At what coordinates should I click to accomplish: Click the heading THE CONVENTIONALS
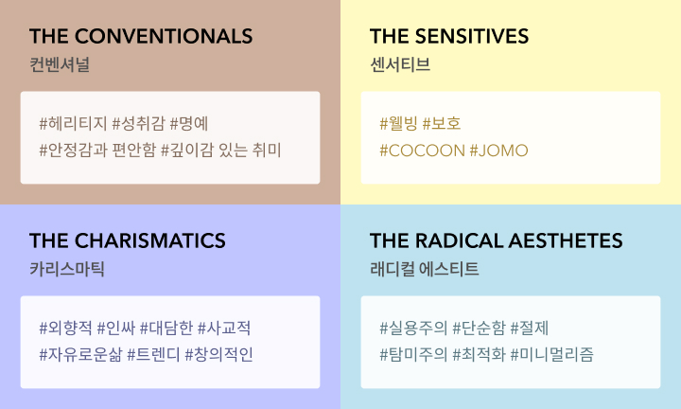point(141,36)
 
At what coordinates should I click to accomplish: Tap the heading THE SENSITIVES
point(449,36)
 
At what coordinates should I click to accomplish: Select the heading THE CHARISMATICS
point(128,240)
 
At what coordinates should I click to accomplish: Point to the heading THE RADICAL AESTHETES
point(496,240)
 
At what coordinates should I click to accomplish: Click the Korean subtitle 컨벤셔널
point(60,64)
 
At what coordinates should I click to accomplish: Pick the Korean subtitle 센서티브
point(400,64)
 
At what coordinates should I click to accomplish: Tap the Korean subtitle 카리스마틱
point(67,269)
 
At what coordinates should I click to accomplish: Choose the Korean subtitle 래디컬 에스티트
point(425,269)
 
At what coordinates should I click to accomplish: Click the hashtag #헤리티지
point(73,123)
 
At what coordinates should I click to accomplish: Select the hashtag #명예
point(189,123)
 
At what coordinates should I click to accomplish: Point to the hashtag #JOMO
point(499,151)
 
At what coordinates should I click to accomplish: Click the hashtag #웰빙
point(399,123)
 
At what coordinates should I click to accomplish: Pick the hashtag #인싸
point(116,328)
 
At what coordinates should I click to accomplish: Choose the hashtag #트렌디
point(153,355)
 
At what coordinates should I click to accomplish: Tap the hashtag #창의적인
point(218,355)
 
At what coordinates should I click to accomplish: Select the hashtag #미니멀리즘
point(551,355)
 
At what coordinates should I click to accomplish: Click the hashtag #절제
point(530,328)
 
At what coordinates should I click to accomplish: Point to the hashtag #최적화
point(479,355)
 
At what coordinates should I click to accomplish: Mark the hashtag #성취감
point(138,123)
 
